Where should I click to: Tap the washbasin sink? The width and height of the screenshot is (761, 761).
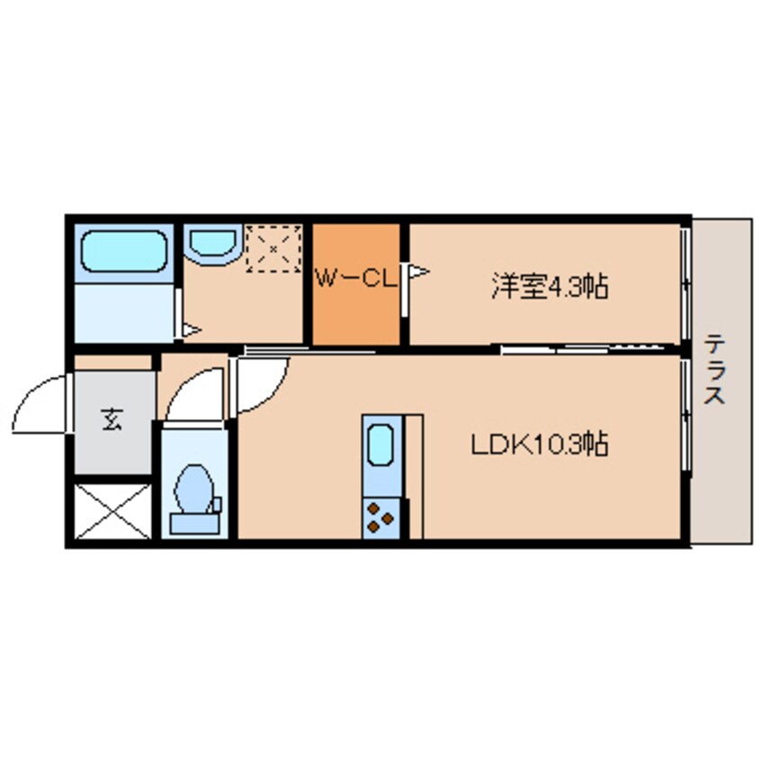213,242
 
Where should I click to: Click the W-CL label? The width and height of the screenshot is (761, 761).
355,278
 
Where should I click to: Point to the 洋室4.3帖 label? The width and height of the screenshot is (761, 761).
548,287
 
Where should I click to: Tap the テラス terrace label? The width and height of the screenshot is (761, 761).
716,369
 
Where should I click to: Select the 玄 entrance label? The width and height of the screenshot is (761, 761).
112,419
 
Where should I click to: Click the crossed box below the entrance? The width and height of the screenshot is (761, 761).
112,511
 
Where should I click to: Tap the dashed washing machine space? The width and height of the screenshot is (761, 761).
273,246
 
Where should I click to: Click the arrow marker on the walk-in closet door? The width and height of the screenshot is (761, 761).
418,271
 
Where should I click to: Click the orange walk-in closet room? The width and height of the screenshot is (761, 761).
355,306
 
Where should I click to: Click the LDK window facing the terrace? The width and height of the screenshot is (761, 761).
685,414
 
